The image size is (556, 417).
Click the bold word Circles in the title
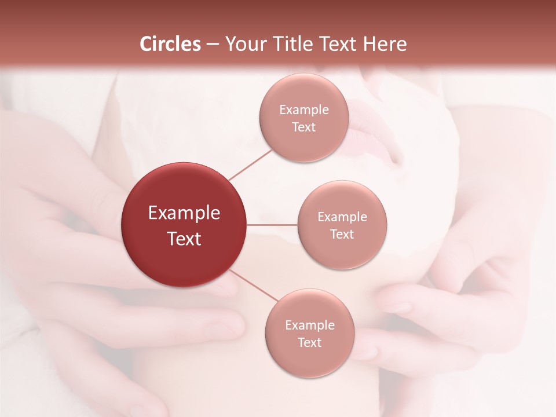[170, 44]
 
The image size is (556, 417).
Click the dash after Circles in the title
[213, 45]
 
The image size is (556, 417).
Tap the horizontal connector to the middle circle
[272, 225]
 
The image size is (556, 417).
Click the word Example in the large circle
[184, 213]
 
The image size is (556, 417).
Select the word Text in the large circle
[184, 239]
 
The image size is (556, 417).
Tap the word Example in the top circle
[304, 110]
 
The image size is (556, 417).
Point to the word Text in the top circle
[304, 127]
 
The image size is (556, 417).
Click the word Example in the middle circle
[342, 217]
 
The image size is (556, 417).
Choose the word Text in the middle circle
[342, 235]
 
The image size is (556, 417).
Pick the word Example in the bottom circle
[310, 325]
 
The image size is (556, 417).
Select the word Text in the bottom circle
[310, 343]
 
